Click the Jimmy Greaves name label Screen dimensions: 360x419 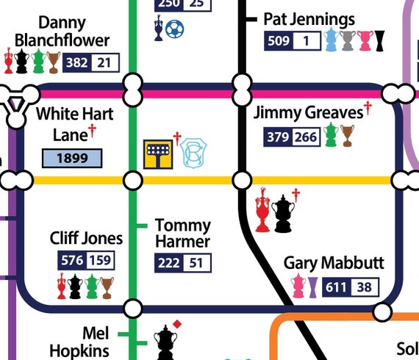point(308,113)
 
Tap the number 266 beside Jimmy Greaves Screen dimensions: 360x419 point(305,137)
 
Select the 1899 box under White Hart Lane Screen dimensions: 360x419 point(72,157)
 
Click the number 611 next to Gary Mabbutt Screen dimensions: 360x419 point(337,287)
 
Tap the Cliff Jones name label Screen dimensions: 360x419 point(86,238)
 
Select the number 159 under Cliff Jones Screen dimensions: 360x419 point(100,260)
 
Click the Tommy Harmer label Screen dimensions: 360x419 point(182,233)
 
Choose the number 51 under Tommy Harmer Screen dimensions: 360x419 point(197,263)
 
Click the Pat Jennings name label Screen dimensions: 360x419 point(309,19)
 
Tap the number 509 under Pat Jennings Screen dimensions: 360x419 point(279,41)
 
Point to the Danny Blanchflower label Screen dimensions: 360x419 point(62,32)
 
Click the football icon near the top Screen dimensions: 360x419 point(175,29)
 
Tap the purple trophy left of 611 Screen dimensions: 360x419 point(314,287)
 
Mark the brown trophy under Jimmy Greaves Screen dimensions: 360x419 point(347,135)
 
